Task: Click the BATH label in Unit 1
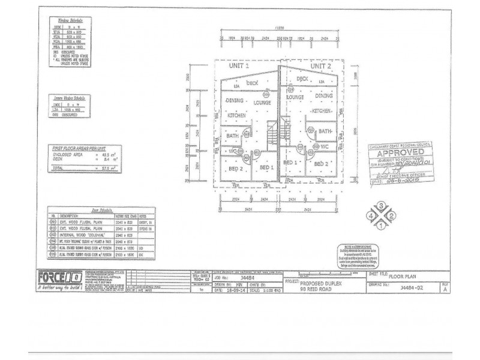232,136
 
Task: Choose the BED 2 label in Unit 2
323,163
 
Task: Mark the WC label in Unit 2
326,146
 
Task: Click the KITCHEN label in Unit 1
236,114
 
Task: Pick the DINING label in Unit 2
324,95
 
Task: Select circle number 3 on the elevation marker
380,206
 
